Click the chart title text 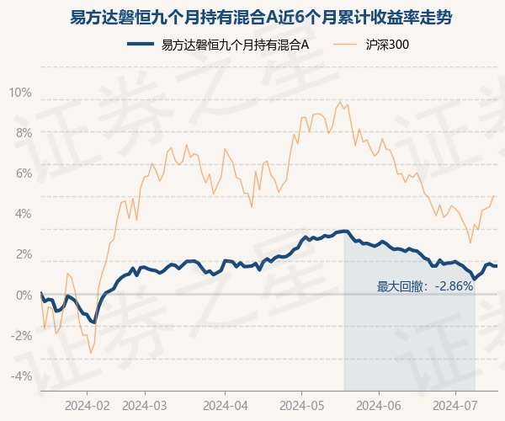[x=261, y=18]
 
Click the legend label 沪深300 [x=387, y=45]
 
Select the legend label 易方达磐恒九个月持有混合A [x=235, y=45]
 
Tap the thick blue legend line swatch [x=141, y=45]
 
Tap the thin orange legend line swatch [x=345, y=45]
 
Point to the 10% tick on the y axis [x=20, y=93]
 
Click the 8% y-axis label [x=24, y=133]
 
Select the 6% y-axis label [x=24, y=173]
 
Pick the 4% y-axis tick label [x=24, y=214]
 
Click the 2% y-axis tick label [x=24, y=254]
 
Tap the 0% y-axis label [x=24, y=295]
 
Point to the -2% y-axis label [x=21, y=336]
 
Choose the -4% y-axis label [x=21, y=376]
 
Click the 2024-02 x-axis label [x=88, y=406]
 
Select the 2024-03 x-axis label [x=145, y=406]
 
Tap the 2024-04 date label [x=226, y=406]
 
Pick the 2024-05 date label [x=302, y=406]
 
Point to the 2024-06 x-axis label [x=379, y=406]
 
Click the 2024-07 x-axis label [x=454, y=406]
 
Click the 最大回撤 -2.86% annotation [x=425, y=286]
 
